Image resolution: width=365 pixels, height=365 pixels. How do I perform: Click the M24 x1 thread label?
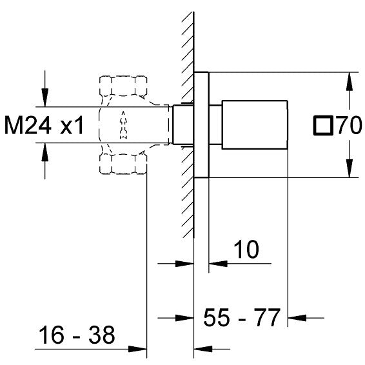point(44,125)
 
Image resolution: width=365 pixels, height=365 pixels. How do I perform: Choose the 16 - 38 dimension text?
point(76,335)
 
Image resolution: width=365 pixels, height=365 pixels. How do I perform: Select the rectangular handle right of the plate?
point(255,124)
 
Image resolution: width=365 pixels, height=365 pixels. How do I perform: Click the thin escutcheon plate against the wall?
point(201,124)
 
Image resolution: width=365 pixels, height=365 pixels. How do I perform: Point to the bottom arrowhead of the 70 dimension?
point(349,170)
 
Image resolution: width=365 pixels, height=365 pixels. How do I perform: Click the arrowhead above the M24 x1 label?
point(44,99)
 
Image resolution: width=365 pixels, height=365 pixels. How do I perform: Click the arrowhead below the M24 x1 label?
point(44,150)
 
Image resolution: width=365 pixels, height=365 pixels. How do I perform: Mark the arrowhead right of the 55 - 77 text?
point(296,317)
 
